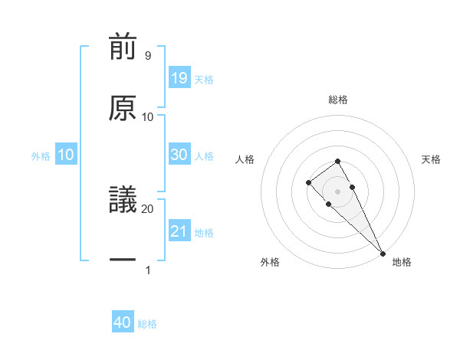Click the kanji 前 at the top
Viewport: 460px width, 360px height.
tap(123, 48)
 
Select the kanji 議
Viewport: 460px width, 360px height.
tap(123, 201)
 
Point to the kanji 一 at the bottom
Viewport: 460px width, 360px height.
tap(123, 261)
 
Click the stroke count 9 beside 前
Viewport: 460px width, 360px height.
tap(147, 56)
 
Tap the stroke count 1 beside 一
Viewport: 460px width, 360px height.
tap(147, 270)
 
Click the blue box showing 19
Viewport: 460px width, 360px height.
tap(179, 77)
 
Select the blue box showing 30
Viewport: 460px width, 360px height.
tap(179, 154)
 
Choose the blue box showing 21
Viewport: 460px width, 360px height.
tap(179, 231)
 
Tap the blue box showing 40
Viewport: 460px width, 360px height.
tap(123, 322)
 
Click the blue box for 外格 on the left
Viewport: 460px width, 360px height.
tap(66, 154)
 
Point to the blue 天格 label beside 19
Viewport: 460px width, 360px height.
tap(204, 79)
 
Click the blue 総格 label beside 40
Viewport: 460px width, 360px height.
tap(147, 324)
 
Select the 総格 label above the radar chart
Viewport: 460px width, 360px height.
tap(338, 100)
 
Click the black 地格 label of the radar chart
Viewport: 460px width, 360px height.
tap(402, 262)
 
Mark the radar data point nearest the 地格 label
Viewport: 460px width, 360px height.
tap(383, 253)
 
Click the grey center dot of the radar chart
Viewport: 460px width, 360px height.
tap(337, 191)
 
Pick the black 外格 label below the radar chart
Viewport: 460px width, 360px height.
tap(270, 262)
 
